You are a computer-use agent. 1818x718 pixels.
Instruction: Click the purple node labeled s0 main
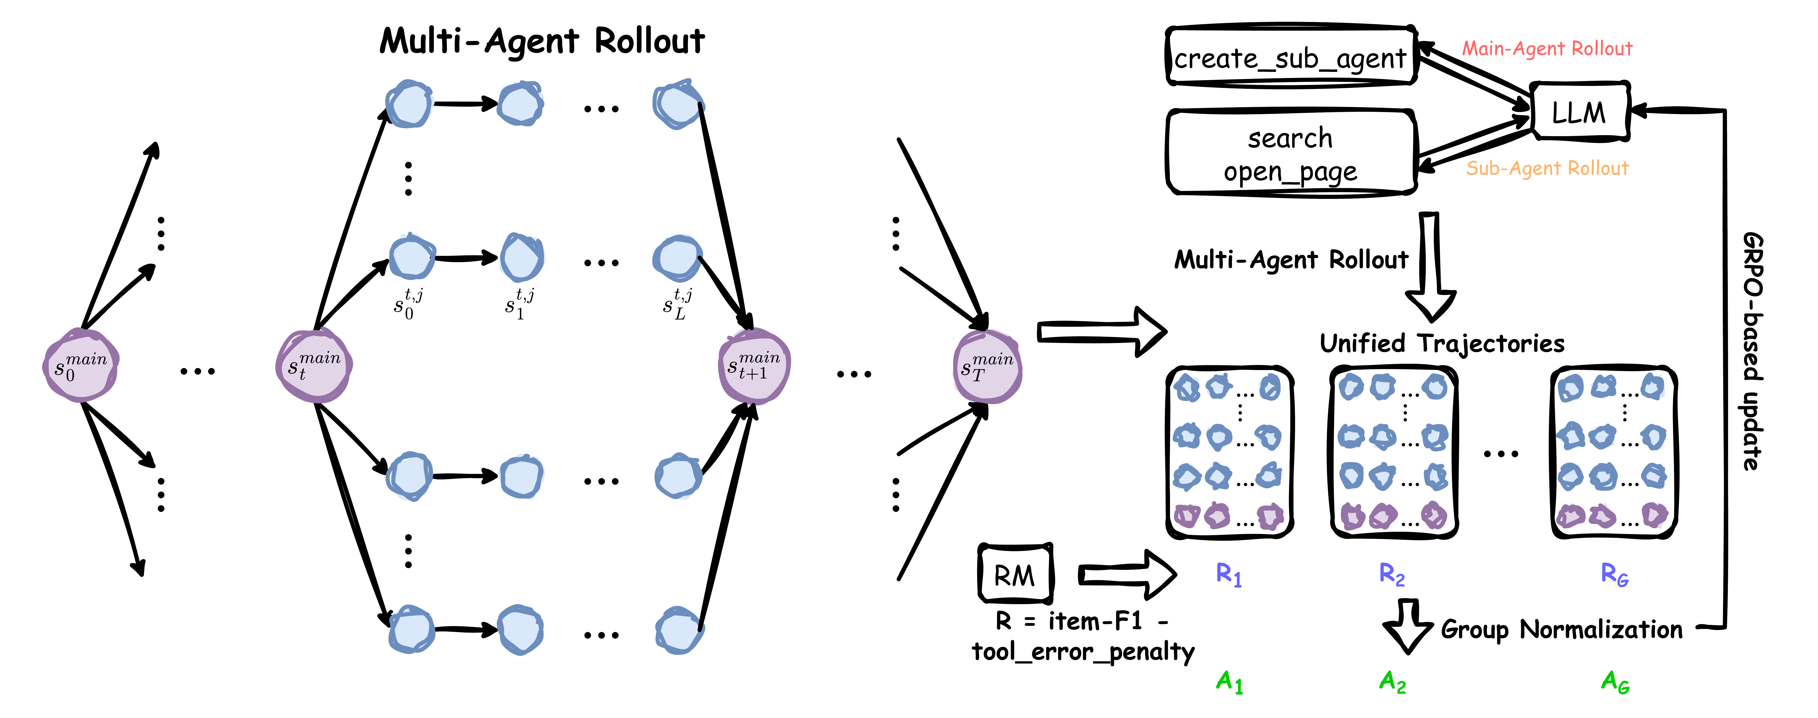point(80,366)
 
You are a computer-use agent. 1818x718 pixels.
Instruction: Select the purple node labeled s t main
point(314,366)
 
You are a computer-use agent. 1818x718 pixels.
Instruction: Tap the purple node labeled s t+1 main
point(754,366)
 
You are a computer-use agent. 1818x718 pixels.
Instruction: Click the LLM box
point(1579,112)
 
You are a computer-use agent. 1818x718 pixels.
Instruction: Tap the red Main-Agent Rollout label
point(1547,49)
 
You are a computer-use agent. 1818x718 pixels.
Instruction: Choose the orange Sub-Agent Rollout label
point(1547,168)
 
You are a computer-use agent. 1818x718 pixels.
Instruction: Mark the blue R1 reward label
point(1229,575)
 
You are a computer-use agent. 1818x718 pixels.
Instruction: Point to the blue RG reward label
point(1614,575)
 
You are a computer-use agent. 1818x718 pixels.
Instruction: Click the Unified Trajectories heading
point(1442,343)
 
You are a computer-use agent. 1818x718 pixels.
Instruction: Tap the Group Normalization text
point(1561,629)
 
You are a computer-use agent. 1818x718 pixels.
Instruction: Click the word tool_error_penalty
point(1083,651)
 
